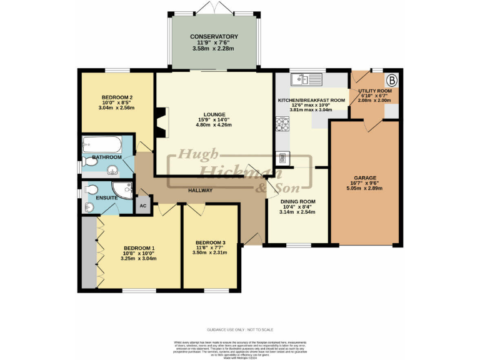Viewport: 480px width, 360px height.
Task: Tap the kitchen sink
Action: pyautogui.click(x=304, y=79)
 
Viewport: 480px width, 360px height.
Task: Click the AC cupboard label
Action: pyautogui.click(x=143, y=206)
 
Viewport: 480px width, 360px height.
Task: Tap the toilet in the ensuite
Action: pyautogui.click(x=89, y=189)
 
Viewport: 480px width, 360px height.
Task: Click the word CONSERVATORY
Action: pyautogui.click(x=214, y=37)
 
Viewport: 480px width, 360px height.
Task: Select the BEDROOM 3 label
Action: pyautogui.click(x=210, y=242)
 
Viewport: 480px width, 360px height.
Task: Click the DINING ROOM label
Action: pyautogui.click(x=297, y=201)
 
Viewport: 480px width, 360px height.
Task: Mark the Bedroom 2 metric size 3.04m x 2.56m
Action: pyautogui.click(x=117, y=108)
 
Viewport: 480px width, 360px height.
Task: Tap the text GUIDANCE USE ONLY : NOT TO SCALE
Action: pyautogui.click(x=239, y=329)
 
